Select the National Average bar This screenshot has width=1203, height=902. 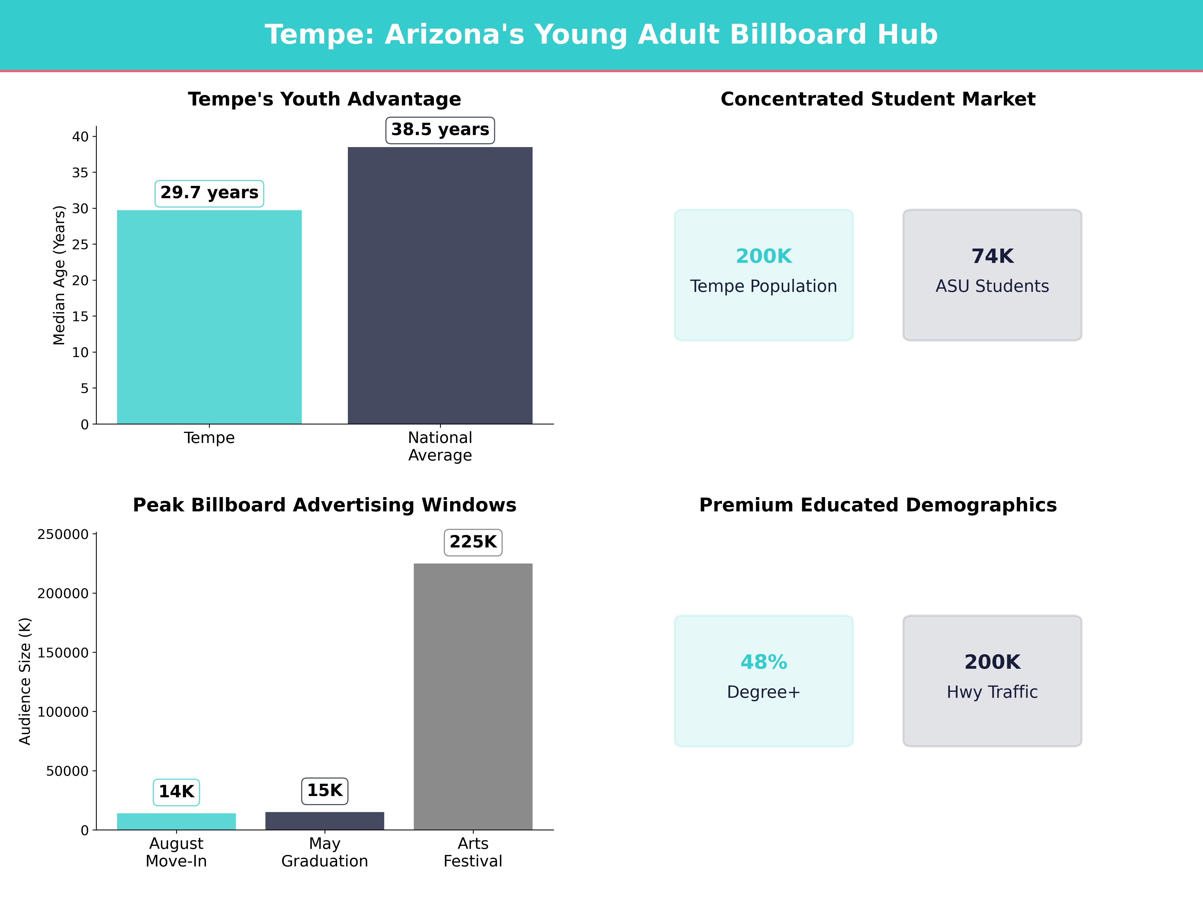[x=440, y=285]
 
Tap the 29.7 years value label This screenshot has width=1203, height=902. [x=209, y=193]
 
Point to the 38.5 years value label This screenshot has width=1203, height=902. [x=440, y=130]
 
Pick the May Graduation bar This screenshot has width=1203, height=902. [x=325, y=821]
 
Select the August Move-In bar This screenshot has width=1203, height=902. [x=176, y=822]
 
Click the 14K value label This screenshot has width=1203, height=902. [x=176, y=792]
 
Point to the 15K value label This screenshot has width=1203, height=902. [x=325, y=791]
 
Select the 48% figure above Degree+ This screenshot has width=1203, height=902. [x=764, y=662]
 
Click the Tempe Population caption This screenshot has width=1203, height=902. [x=764, y=287]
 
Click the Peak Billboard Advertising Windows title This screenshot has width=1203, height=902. [x=325, y=505]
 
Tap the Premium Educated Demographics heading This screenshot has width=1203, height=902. [x=878, y=505]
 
